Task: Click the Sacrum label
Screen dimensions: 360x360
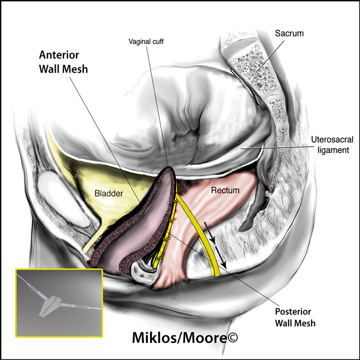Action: click(289, 33)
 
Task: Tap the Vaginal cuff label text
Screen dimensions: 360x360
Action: click(146, 42)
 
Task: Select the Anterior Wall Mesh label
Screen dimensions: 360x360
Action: click(63, 62)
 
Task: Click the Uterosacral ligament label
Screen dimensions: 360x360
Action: click(332, 145)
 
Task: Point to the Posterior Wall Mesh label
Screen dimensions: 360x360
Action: click(295, 317)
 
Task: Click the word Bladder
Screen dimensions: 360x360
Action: click(109, 193)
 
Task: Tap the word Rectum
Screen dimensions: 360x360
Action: click(225, 190)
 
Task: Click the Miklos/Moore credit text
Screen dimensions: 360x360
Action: click(185, 338)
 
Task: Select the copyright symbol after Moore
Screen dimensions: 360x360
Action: click(232, 337)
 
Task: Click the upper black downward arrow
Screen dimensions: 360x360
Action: click(210, 232)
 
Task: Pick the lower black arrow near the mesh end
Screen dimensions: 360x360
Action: click(221, 258)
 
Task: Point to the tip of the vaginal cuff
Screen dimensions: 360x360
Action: click(169, 167)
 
